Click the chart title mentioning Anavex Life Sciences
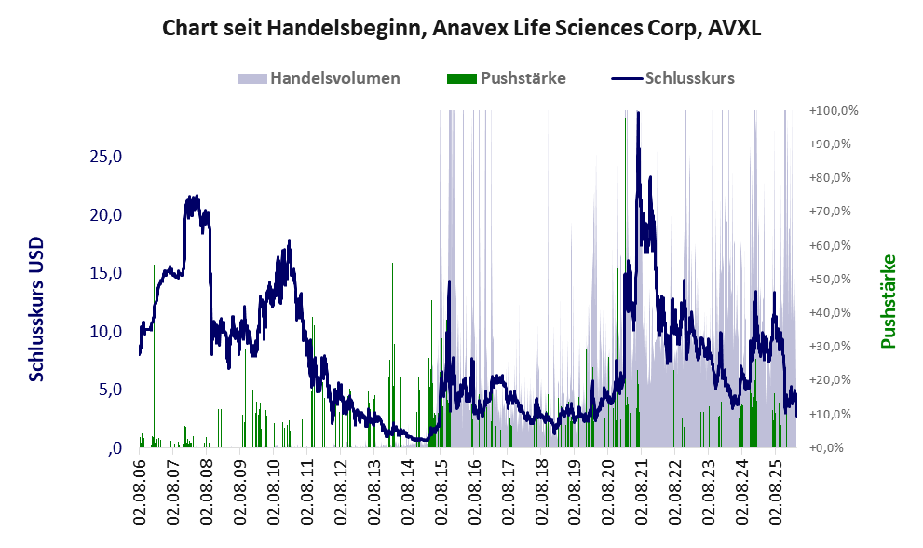[x=462, y=28]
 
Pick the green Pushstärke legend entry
[x=521, y=78]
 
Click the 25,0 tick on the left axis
[x=106, y=157]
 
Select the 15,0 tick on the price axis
[x=106, y=273]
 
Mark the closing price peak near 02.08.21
[x=638, y=114]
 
